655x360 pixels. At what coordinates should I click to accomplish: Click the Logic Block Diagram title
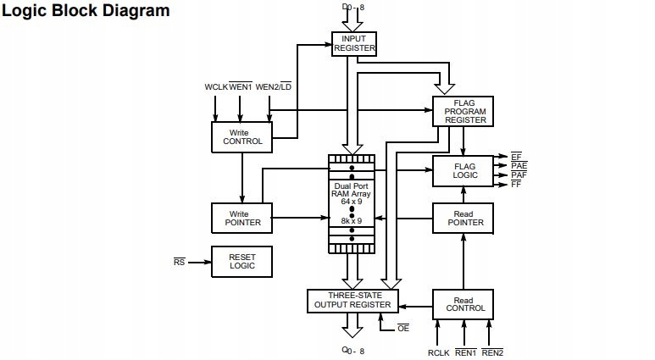tap(87, 11)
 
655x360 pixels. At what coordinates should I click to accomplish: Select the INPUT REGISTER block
tap(352, 43)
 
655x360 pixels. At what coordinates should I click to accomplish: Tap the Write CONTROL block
tap(241, 137)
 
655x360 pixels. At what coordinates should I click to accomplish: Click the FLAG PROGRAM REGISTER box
tap(463, 112)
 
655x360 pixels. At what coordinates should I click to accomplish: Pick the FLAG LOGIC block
tap(463, 171)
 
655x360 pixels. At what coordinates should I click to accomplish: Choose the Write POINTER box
tap(241, 218)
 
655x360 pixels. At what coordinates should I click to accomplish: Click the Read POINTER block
tap(463, 218)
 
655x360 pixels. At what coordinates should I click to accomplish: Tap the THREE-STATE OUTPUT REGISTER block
tap(352, 301)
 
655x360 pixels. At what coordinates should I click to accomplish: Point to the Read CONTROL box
tap(463, 305)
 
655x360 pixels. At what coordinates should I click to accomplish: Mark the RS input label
tap(179, 263)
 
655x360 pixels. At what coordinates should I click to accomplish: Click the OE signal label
tap(403, 329)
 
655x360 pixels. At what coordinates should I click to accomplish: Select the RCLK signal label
tap(438, 352)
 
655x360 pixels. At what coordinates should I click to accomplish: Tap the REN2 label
tap(491, 352)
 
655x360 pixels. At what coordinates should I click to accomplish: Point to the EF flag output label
tap(516, 157)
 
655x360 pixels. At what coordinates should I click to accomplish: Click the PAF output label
tap(519, 175)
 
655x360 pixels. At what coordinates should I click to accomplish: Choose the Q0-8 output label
tap(352, 351)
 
